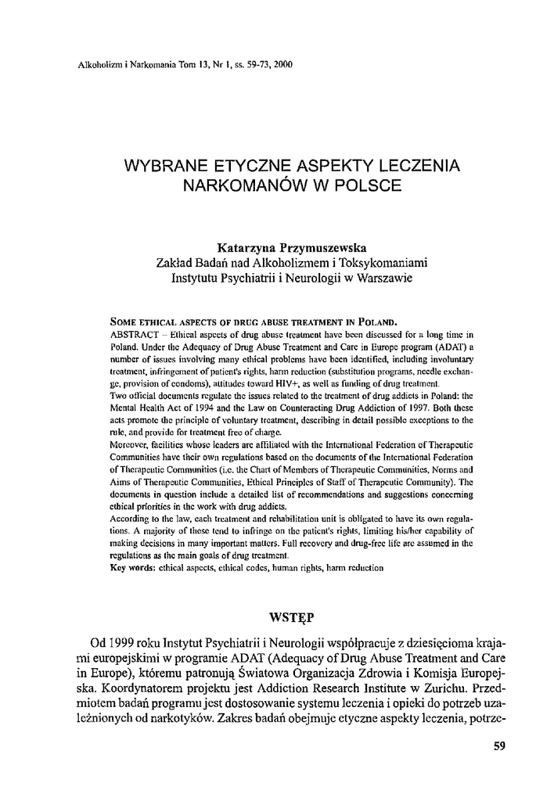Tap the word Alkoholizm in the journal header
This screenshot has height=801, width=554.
(x=90, y=65)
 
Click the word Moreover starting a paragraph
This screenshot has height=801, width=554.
(x=131, y=445)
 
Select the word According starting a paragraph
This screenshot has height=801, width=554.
(x=134, y=517)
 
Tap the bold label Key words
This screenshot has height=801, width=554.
(x=135, y=567)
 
